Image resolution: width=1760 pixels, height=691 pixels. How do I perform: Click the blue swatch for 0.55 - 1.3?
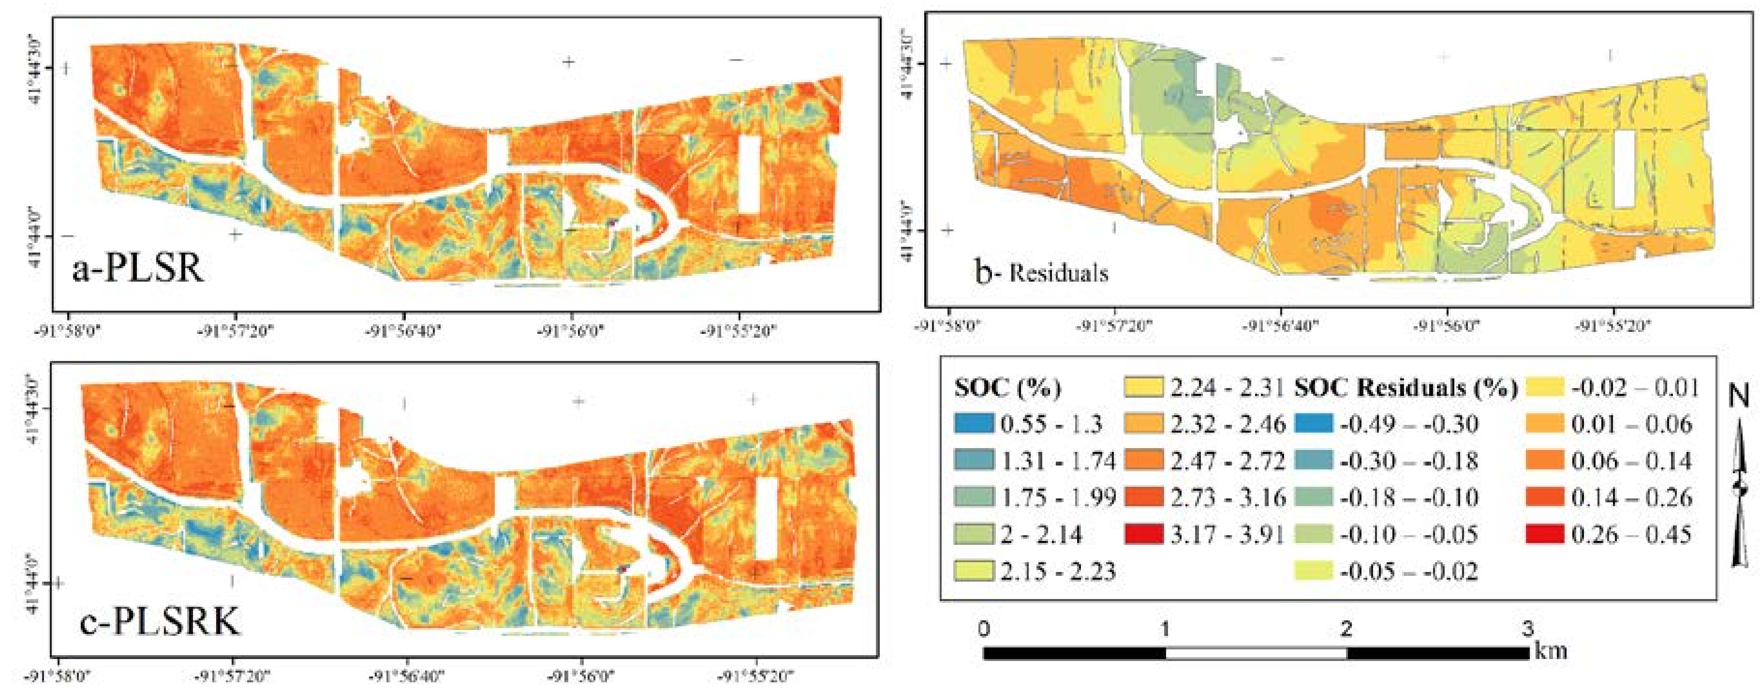pyautogui.click(x=975, y=424)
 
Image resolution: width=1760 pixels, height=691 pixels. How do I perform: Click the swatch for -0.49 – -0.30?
pyautogui.click(x=1313, y=424)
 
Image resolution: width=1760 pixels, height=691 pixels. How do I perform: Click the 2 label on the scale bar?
pyautogui.click(x=1346, y=628)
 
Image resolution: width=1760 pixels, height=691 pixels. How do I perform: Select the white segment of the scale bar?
pyautogui.click(x=1256, y=653)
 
